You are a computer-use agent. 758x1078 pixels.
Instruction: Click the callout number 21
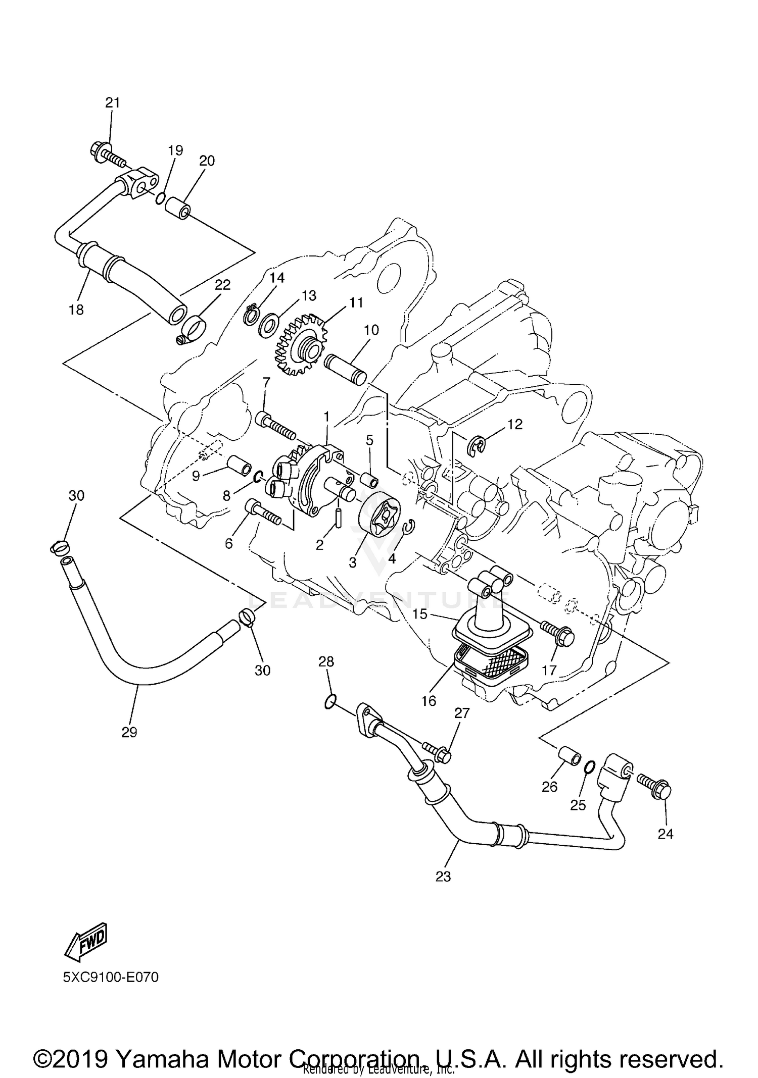click(x=113, y=102)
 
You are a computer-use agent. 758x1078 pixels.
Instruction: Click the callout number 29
click(x=129, y=732)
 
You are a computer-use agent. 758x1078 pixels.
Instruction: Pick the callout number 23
click(x=443, y=877)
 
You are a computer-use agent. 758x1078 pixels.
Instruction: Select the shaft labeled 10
click(x=346, y=369)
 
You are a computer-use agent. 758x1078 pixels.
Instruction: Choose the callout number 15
click(x=420, y=614)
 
